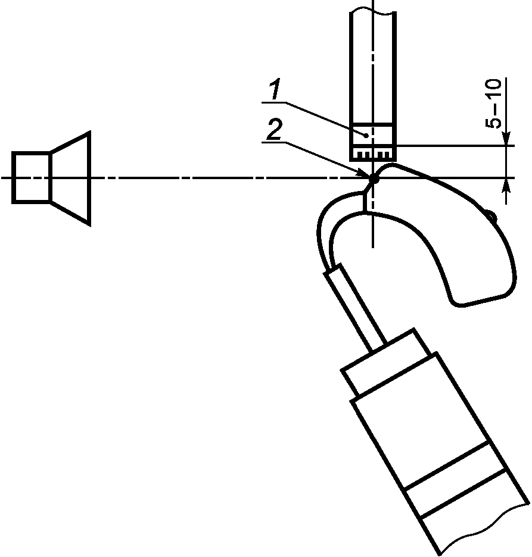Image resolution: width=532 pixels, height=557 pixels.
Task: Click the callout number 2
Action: pyautogui.click(x=274, y=130)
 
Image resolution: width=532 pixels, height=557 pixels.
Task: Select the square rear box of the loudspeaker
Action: pyautogui.click(x=32, y=177)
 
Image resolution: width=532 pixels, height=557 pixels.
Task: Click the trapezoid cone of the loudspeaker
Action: pyautogui.click(x=71, y=179)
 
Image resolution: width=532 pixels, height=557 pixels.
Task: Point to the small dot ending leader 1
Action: pyautogui.click(x=366, y=135)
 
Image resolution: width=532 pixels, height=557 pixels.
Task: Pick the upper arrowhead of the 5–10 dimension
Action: pyautogui.click(x=506, y=139)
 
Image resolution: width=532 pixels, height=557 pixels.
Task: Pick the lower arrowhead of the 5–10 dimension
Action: pyautogui.click(x=506, y=184)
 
